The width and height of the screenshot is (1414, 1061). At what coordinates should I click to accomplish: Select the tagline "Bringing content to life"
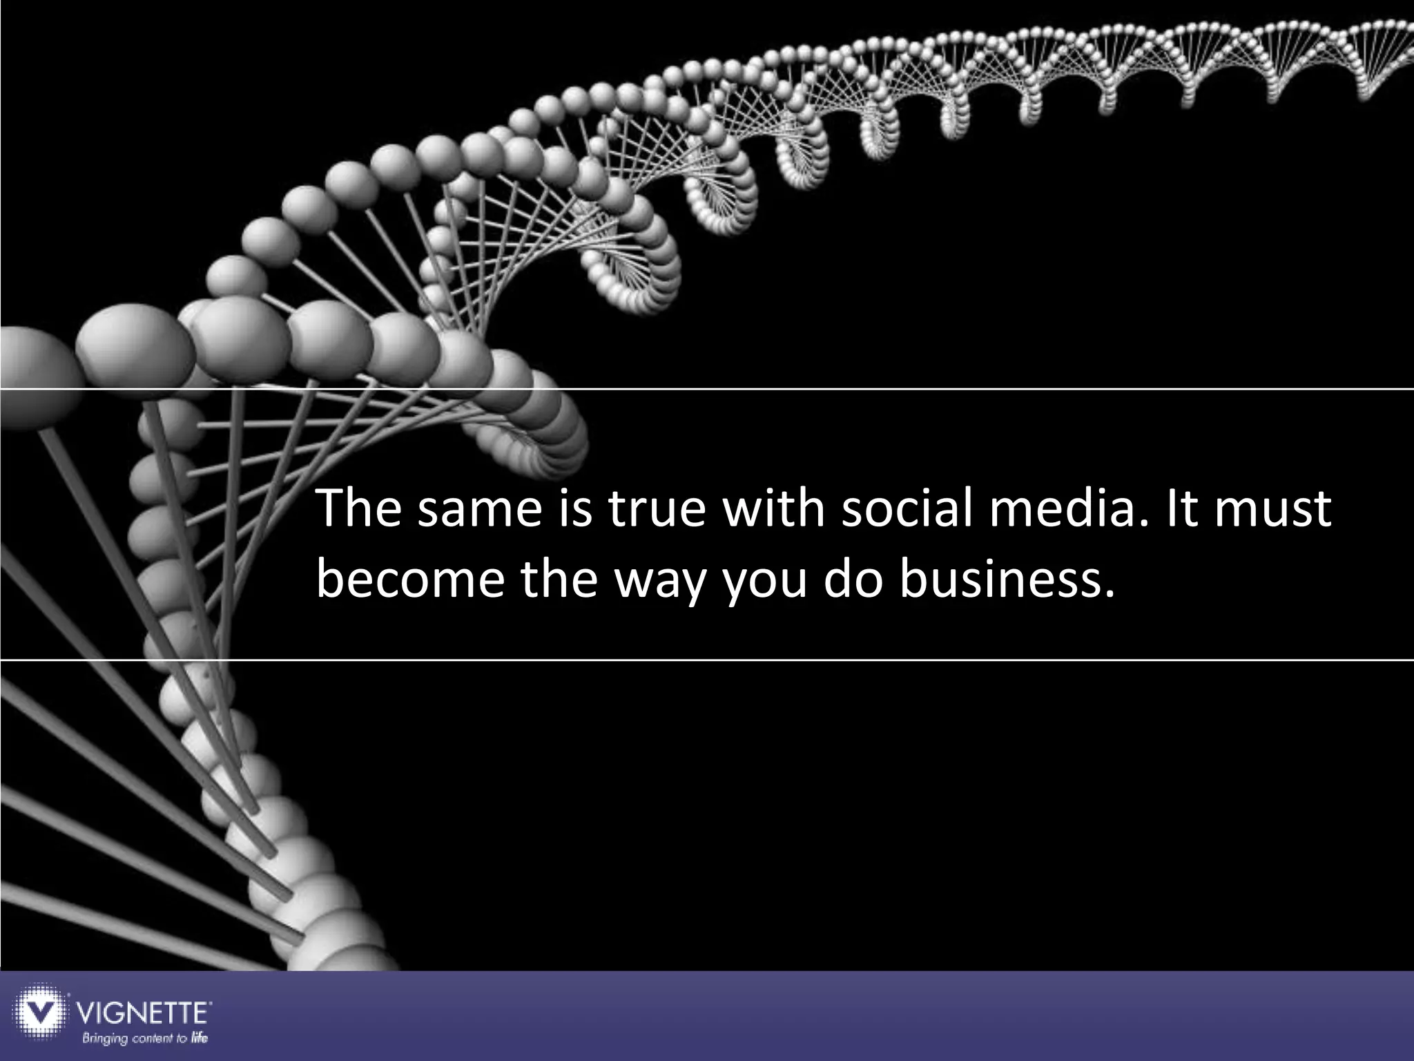145,1038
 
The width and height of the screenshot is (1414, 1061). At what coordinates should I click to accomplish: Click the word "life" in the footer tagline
200,1038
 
